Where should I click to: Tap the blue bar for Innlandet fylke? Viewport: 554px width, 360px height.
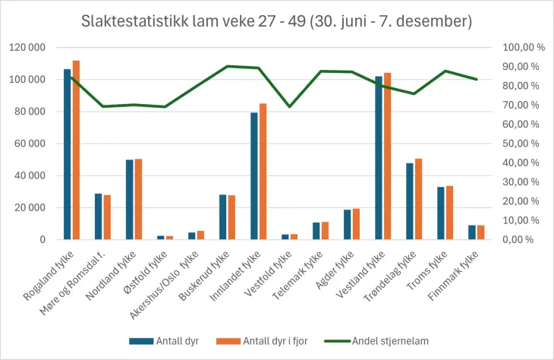coord(254,176)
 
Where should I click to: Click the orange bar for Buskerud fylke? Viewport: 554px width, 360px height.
coord(231,217)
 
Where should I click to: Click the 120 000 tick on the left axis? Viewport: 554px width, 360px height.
coord(27,47)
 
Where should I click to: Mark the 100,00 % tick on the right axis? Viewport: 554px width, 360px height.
coord(524,47)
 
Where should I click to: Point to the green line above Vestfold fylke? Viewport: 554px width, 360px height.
coord(289,106)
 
